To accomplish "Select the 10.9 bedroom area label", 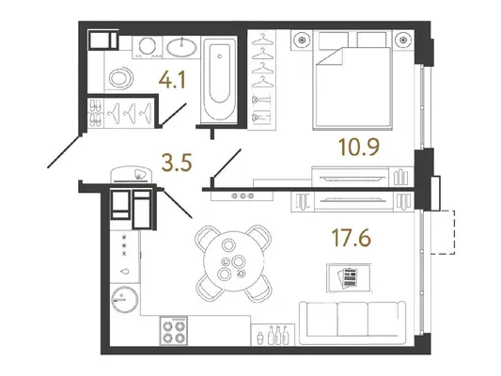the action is (359, 148).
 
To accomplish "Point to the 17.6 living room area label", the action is (352, 238).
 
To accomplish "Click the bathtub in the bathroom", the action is (220, 80).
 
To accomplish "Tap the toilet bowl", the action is (120, 78).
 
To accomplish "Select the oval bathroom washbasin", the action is (181, 48).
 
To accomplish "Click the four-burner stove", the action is (174, 331).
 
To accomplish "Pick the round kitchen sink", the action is (125, 299).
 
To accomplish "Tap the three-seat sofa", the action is (352, 323).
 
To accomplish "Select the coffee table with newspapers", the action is (350, 278).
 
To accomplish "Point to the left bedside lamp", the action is (302, 39).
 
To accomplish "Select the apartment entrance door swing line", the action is (64, 151).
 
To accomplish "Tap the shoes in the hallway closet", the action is (96, 113).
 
